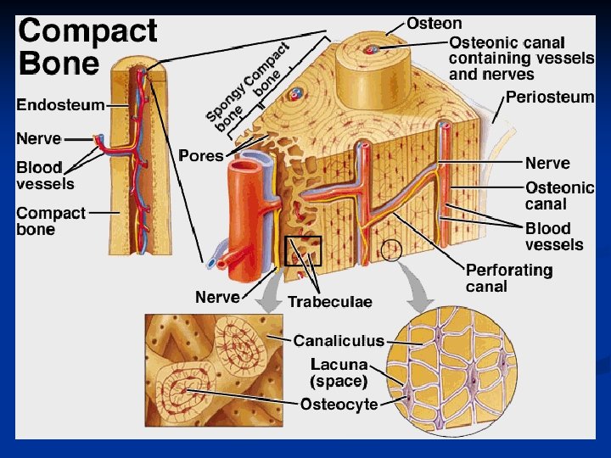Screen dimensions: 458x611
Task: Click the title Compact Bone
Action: (87, 47)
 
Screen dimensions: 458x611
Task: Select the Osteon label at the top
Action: (434, 23)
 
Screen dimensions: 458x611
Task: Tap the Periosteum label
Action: (550, 97)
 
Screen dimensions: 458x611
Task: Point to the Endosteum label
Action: (61, 105)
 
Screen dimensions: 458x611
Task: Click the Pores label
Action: (201, 156)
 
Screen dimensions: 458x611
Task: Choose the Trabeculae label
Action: (329, 301)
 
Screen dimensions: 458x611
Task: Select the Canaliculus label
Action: (339, 341)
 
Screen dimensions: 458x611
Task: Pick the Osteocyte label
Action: (339, 405)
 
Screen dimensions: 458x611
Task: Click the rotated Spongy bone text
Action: (226, 110)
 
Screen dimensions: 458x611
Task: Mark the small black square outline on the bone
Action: (304, 251)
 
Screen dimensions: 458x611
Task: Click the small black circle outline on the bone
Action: (392, 250)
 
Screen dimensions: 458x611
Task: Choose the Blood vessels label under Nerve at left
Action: (45, 176)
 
